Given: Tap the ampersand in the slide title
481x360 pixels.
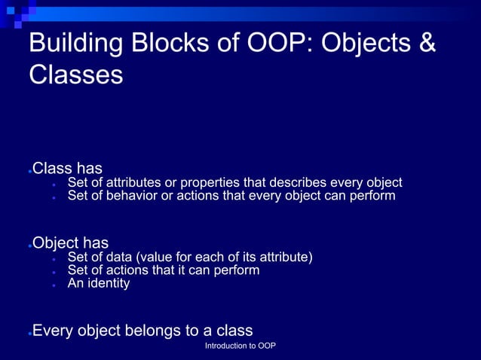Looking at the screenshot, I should (426, 43).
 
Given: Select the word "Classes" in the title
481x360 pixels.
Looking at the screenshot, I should (75, 75).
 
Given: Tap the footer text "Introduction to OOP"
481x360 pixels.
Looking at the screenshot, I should (240, 346).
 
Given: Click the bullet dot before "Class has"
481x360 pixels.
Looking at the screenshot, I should (29, 171).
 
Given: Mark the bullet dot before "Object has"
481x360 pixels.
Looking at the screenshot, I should (29, 246).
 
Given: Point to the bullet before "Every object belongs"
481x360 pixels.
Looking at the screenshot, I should (29, 334).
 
